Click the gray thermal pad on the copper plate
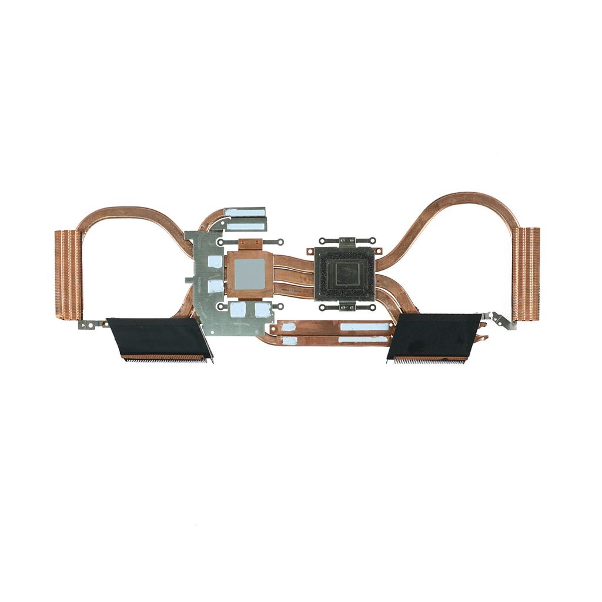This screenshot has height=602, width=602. (x=249, y=273)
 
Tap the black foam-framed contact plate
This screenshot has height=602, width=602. (x=345, y=274)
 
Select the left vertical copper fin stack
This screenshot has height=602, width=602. (x=68, y=274)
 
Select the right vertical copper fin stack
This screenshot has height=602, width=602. (x=526, y=274)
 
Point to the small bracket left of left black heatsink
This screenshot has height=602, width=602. (x=91, y=323)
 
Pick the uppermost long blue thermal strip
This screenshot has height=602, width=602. (x=245, y=212)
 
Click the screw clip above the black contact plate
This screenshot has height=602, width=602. (x=346, y=241)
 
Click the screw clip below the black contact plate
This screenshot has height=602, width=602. (x=346, y=306)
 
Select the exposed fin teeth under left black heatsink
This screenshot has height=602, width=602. (x=165, y=359)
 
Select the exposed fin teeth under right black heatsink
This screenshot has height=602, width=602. (x=430, y=359)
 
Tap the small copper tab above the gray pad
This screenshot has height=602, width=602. (x=249, y=243)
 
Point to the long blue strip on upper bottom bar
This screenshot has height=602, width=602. (x=364, y=327)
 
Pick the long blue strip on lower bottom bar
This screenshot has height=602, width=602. (x=363, y=339)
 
